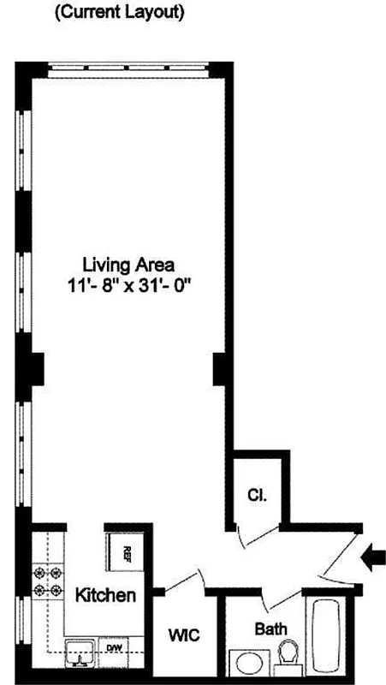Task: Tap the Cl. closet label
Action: (256, 494)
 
